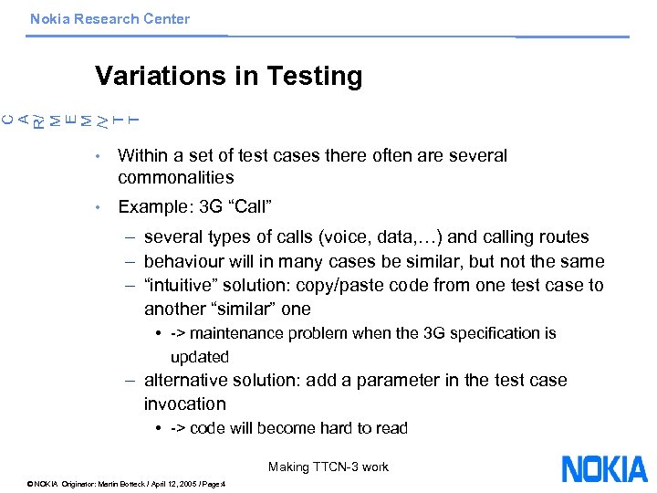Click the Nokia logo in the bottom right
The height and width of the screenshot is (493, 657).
click(604, 468)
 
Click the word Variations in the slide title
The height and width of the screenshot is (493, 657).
click(161, 76)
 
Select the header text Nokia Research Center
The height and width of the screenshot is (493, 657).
click(109, 18)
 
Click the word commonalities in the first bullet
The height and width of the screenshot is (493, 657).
click(176, 177)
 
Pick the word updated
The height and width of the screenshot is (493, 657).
click(199, 356)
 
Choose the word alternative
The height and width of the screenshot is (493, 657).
click(185, 380)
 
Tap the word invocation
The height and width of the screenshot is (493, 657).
click(184, 404)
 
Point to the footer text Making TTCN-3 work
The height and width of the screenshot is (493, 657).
click(328, 467)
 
